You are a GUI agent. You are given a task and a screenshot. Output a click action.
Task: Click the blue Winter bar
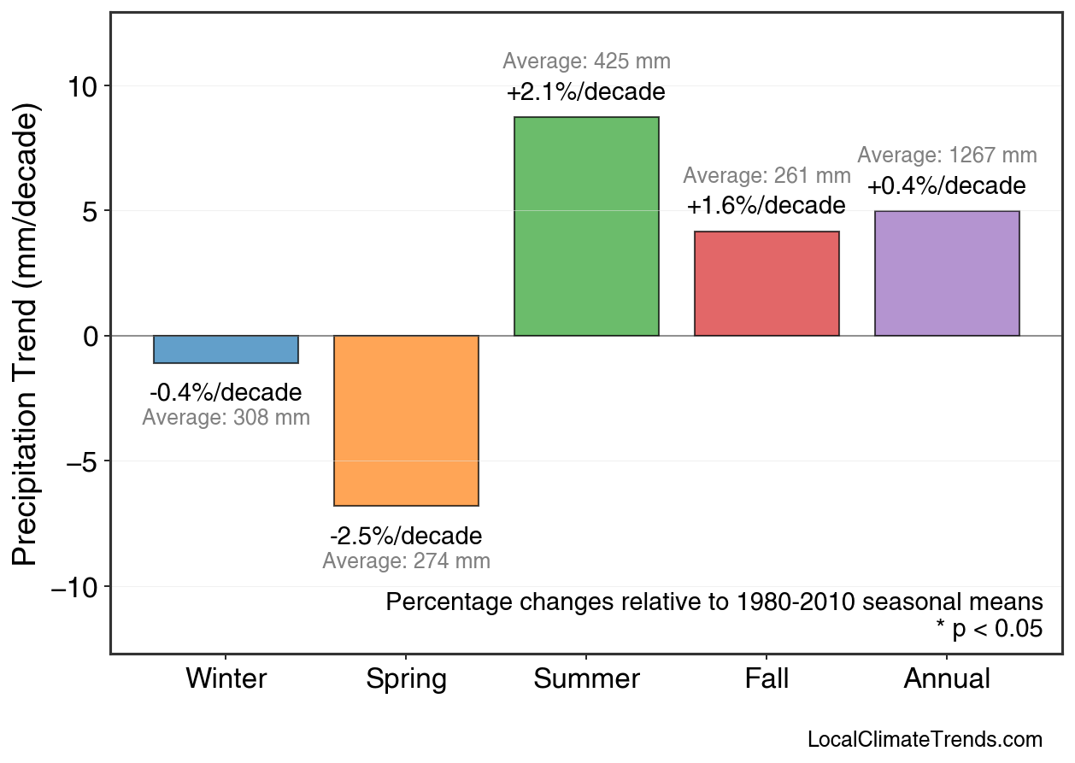(226, 349)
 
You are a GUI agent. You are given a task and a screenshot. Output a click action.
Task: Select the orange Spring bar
(406, 420)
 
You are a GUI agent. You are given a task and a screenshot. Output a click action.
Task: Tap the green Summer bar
(586, 226)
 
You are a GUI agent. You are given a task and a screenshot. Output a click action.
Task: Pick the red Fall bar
(767, 284)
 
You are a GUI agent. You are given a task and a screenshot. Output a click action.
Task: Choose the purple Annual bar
(947, 273)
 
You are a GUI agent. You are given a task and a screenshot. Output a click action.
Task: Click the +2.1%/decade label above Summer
(586, 91)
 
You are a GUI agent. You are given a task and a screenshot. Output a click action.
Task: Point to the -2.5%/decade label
(406, 537)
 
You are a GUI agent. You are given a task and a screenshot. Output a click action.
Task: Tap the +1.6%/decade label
(767, 206)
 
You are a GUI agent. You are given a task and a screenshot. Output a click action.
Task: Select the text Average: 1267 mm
(947, 156)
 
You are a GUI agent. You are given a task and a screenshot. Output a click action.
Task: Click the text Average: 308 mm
(226, 418)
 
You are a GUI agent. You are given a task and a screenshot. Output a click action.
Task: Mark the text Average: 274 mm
(406, 561)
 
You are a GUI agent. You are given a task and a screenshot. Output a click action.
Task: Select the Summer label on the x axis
(586, 679)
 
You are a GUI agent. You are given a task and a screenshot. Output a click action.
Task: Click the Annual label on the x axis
(947, 679)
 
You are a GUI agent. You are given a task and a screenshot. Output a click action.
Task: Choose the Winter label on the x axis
(226, 679)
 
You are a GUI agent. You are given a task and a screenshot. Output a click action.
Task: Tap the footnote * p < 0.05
(989, 630)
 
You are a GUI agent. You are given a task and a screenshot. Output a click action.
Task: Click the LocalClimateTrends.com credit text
(925, 740)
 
